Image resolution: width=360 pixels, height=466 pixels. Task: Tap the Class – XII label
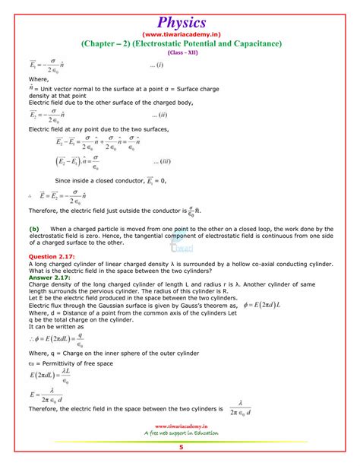pyautogui.click(x=179, y=53)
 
